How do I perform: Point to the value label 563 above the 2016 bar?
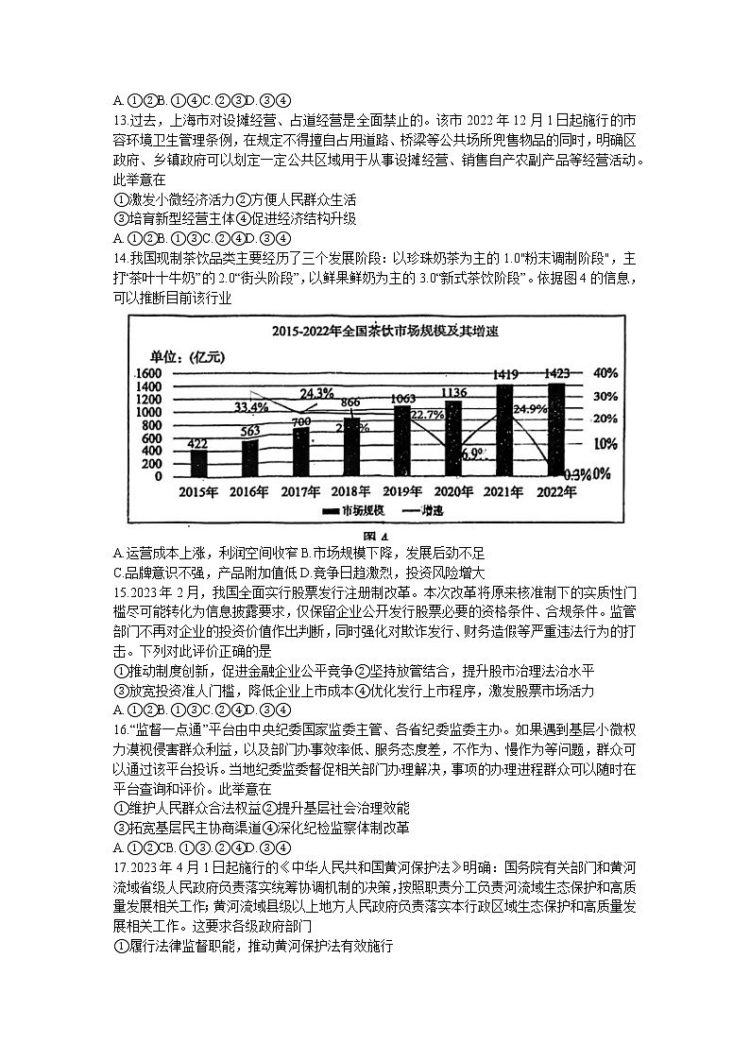coord(249,431)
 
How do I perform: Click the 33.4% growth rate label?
coord(250,407)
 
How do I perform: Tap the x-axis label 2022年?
coord(556,491)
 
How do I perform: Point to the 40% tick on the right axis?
coord(605,373)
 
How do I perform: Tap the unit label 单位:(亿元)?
coord(188,356)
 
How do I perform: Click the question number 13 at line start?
coord(119,120)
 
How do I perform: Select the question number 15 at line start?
coord(119,592)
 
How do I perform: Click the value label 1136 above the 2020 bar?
coord(454,393)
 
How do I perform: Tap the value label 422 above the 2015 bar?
coord(198,443)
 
